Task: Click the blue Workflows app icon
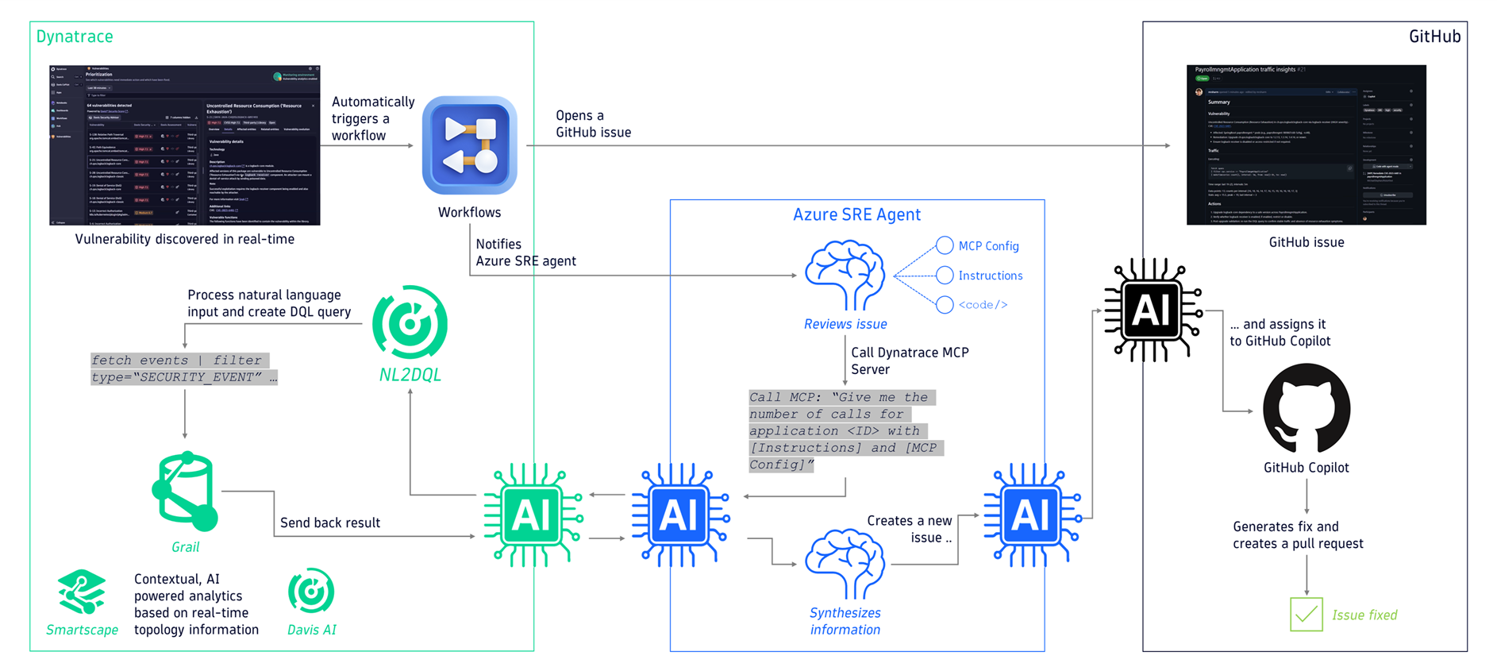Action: tap(469, 145)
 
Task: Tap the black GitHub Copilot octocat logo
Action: tap(1306, 408)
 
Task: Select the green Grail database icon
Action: tap(185, 492)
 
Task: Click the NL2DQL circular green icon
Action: tap(410, 322)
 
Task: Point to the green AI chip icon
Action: tap(533, 515)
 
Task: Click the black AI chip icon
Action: tap(1153, 310)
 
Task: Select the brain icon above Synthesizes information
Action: tap(845, 563)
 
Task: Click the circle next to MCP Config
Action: tap(945, 245)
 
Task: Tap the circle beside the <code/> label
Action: tap(945, 305)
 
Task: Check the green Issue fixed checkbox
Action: tap(1306, 615)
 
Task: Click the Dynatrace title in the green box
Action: tap(75, 37)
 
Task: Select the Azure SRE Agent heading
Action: tap(856, 214)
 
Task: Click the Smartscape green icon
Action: tap(82, 592)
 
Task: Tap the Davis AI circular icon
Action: tap(311, 591)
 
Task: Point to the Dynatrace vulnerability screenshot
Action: tap(184, 145)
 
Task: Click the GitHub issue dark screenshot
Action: tap(1306, 145)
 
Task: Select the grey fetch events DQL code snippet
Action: tap(183, 368)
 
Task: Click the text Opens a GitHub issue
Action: tap(593, 124)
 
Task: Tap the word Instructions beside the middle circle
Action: tap(990, 276)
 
